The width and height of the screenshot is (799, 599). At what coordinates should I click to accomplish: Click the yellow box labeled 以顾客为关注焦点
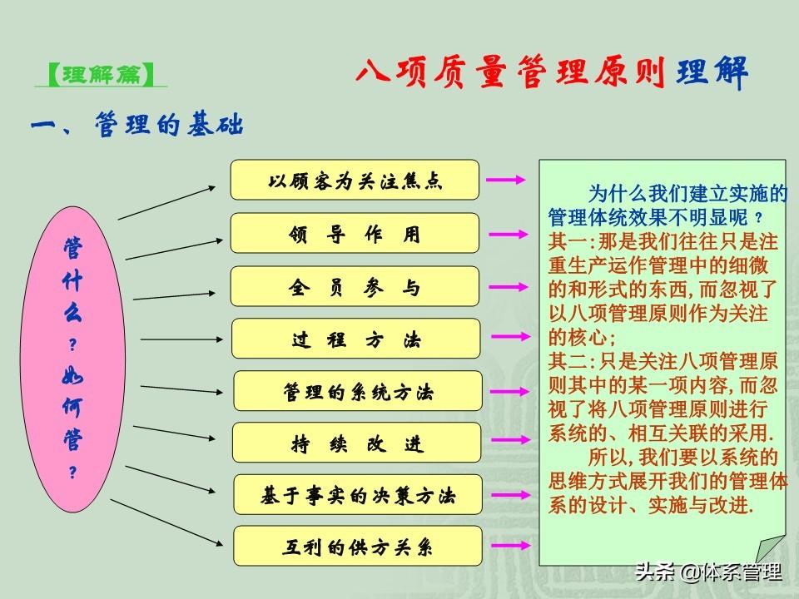(x=355, y=180)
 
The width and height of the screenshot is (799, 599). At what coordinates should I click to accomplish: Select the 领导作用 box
(x=355, y=233)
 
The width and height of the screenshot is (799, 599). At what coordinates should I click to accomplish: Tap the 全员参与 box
(x=355, y=286)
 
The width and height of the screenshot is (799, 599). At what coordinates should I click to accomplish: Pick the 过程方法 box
(x=355, y=339)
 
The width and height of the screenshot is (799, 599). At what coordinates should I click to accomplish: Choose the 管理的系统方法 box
(x=358, y=391)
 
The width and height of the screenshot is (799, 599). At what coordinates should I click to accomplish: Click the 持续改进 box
(x=357, y=443)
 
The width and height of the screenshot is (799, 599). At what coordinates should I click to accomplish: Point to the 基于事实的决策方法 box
(x=358, y=494)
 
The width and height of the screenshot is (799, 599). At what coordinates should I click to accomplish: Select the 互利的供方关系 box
(x=358, y=546)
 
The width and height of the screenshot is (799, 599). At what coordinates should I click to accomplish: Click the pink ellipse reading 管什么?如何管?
(x=72, y=359)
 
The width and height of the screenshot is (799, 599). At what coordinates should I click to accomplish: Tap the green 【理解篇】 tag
(x=101, y=74)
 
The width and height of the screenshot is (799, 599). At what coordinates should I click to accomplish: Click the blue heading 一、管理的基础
(x=136, y=125)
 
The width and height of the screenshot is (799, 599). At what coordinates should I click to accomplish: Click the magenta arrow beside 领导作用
(x=508, y=235)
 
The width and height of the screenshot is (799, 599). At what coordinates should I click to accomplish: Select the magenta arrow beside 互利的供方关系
(x=510, y=546)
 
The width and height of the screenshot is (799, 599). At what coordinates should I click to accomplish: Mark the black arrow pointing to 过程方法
(x=181, y=339)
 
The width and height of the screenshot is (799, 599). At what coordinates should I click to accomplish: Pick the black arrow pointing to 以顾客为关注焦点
(x=166, y=203)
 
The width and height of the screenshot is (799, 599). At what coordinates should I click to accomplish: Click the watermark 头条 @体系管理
(x=708, y=572)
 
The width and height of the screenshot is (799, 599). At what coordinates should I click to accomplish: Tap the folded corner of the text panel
(x=771, y=550)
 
